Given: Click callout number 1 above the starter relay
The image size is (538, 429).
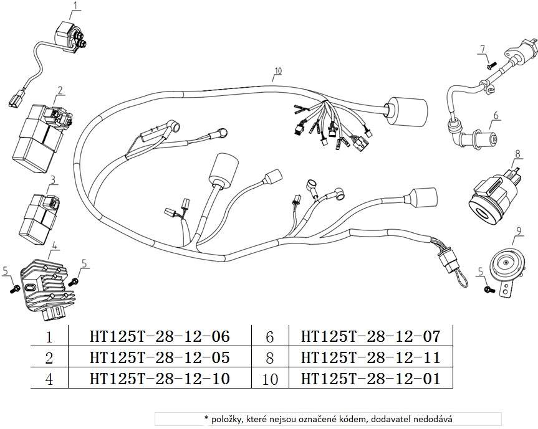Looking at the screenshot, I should pyautogui.click(x=76, y=6).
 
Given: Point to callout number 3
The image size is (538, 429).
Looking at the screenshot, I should pyautogui.click(x=53, y=179).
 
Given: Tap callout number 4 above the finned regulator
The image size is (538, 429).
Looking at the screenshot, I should pyautogui.click(x=55, y=245).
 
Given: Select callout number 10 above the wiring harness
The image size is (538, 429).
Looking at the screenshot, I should pyautogui.click(x=277, y=71).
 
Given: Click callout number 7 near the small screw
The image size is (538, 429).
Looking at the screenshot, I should pyautogui.click(x=482, y=49).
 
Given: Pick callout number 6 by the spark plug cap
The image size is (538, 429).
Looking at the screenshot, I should pyautogui.click(x=496, y=115).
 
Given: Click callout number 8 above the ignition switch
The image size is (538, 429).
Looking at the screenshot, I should pyautogui.click(x=517, y=153).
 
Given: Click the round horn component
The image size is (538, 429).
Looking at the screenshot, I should pyautogui.click(x=506, y=265).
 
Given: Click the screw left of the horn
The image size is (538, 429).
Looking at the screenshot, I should pyautogui.click(x=487, y=290).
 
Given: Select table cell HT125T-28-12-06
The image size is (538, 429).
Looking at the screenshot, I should pyautogui.click(x=160, y=337).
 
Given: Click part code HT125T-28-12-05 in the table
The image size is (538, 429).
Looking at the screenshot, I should pyautogui.click(x=160, y=357).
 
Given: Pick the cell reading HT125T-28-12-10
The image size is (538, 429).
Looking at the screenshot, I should pyautogui.click(x=160, y=378).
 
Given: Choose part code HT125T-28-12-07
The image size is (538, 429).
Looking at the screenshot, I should pyautogui.click(x=370, y=337).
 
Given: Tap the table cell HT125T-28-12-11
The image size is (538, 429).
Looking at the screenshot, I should pyautogui.click(x=370, y=357).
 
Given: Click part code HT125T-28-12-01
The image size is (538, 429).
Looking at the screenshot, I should pyautogui.click(x=370, y=378).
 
